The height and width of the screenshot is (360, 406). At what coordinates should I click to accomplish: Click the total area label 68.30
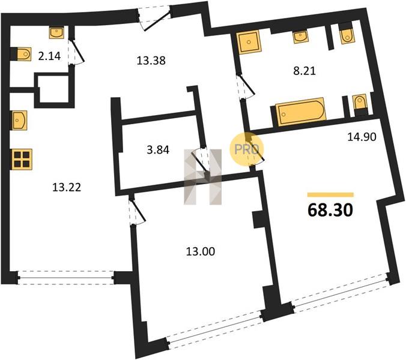[x=330, y=210]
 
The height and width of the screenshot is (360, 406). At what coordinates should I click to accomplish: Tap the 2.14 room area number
[x=49, y=56]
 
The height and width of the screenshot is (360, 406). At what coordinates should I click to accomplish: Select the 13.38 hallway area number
[x=151, y=61]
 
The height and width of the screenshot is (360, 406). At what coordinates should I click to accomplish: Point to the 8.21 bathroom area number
[x=304, y=71]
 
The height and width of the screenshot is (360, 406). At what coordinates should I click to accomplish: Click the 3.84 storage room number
[x=158, y=150]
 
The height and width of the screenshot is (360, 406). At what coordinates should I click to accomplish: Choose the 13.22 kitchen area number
[x=67, y=187]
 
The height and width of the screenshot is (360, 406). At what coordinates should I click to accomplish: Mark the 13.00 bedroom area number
[x=201, y=251]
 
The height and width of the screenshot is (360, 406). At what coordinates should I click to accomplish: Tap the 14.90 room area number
[x=362, y=137]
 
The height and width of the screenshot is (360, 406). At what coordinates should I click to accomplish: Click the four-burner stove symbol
[x=22, y=160]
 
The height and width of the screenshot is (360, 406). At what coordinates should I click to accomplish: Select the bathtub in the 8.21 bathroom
[x=300, y=112]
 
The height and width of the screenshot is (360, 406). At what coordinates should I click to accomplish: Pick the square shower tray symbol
[x=249, y=42]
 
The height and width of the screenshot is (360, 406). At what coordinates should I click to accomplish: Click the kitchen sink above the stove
[x=19, y=120]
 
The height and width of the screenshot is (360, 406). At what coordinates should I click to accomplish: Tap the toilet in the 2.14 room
[x=23, y=54]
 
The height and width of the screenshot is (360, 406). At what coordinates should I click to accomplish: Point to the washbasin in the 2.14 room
[x=56, y=32]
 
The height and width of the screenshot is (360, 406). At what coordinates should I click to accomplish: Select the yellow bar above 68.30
[x=330, y=195]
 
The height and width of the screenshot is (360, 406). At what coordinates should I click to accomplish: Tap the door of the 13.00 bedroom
[x=136, y=210]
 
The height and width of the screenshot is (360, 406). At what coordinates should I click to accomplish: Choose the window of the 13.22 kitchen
[x=66, y=278]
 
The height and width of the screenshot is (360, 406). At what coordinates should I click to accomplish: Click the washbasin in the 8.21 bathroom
[x=300, y=37]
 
